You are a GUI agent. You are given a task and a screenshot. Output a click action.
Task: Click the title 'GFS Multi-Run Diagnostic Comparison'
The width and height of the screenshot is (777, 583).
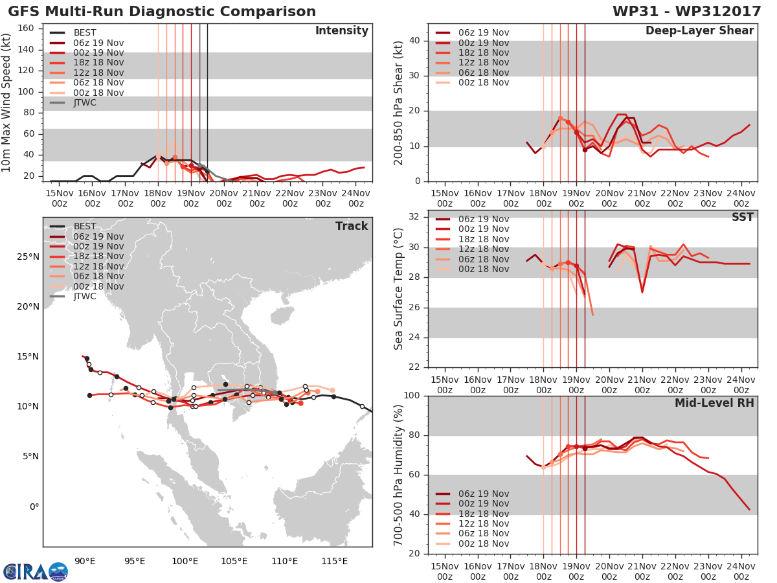(162, 12)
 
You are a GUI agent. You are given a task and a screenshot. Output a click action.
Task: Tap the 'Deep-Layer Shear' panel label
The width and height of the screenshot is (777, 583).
(699, 31)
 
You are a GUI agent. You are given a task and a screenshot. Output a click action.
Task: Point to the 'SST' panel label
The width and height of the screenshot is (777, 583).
(742, 217)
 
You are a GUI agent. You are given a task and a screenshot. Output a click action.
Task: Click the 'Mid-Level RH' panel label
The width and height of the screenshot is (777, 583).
(714, 403)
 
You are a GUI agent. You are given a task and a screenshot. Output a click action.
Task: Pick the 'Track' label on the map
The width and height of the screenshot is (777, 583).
(352, 226)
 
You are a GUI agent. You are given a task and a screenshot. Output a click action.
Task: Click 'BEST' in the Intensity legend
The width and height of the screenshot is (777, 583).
(85, 33)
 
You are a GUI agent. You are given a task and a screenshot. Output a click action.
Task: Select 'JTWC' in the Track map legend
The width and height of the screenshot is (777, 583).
(85, 297)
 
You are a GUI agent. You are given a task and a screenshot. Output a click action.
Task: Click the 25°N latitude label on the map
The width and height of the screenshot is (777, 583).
(27, 257)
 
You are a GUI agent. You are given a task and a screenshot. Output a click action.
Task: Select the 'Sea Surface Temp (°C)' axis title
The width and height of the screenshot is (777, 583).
(398, 289)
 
